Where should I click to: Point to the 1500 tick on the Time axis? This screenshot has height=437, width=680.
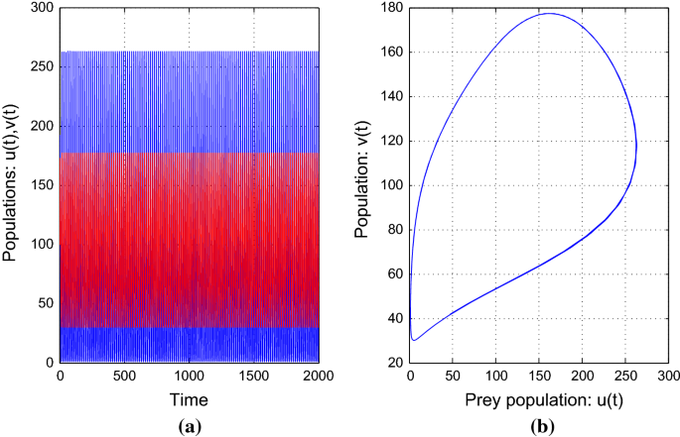coord(256,377)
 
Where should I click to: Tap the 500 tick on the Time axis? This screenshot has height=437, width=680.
coord(126,377)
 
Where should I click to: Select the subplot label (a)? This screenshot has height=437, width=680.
coord(189,424)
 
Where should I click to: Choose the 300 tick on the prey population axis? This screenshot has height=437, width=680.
coord(667,377)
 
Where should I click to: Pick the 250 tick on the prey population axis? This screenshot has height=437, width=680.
coord(624,377)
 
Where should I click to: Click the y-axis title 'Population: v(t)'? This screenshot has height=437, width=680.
coord(363,185)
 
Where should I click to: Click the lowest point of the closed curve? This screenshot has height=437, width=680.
coord(414,340)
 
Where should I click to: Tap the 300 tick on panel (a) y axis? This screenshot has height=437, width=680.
coord(42,9)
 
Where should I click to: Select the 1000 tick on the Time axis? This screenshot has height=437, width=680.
coord(191,377)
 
